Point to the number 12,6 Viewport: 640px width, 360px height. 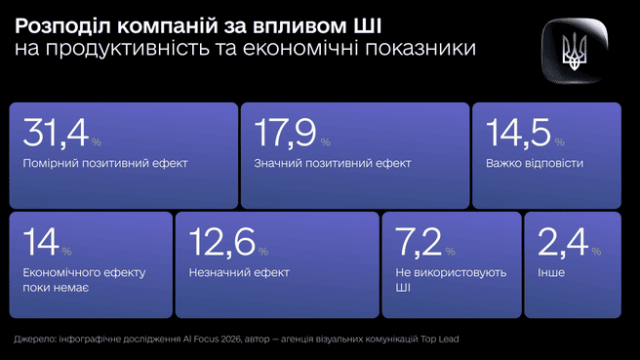(x=219, y=243)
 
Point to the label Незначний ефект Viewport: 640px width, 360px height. (x=239, y=272)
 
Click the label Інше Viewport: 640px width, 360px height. (x=550, y=272)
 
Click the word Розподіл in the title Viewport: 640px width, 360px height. (x=56, y=25)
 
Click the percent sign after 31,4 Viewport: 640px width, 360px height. (x=96, y=142)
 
